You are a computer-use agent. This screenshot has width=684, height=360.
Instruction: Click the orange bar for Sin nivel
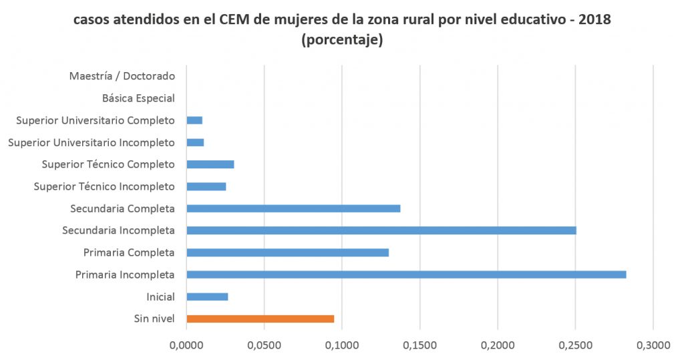click(x=261, y=319)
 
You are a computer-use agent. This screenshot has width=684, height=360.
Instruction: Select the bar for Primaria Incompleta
click(x=406, y=275)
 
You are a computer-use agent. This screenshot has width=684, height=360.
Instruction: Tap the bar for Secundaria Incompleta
click(x=381, y=230)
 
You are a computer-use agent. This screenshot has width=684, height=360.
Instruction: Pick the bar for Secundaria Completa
click(x=293, y=208)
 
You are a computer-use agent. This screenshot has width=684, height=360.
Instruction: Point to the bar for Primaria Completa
click(x=288, y=252)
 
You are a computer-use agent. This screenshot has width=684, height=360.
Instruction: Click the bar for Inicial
click(x=208, y=297)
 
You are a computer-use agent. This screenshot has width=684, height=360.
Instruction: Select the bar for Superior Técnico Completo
click(x=210, y=164)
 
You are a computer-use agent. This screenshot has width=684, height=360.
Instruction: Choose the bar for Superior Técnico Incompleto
click(x=206, y=186)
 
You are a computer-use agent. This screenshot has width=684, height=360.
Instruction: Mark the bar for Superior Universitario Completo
click(x=194, y=120)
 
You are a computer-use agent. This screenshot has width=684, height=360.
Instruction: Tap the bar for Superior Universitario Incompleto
click(x=195, y=142)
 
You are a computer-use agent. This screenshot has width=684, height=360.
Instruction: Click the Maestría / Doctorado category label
click(x=122, y=76)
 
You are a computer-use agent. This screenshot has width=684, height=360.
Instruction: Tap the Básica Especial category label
click(x=138, y=98)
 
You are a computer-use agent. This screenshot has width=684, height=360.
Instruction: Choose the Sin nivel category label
click(x=154, y=319)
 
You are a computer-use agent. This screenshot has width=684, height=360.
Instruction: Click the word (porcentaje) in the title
click(x=342, y=40)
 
